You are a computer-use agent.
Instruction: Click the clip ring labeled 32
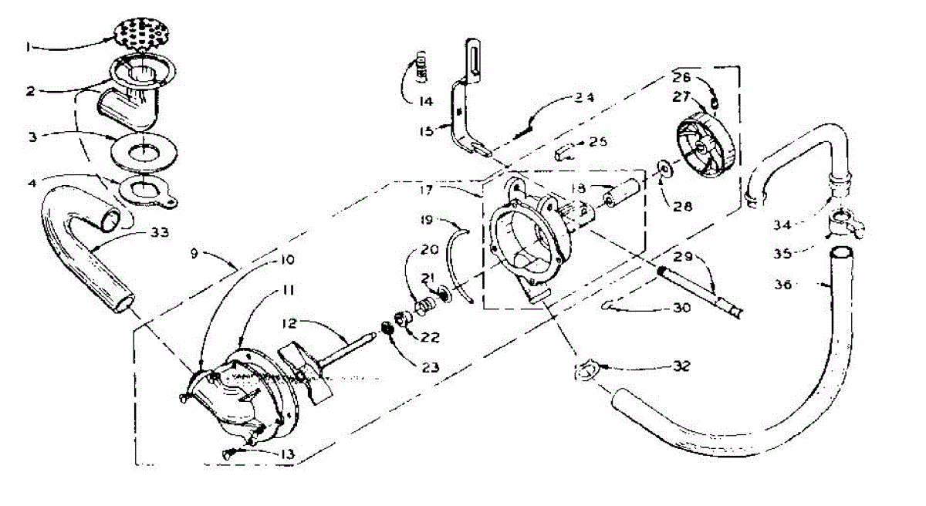tap(586, 370)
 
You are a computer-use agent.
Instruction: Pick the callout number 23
tap(429, 368)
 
